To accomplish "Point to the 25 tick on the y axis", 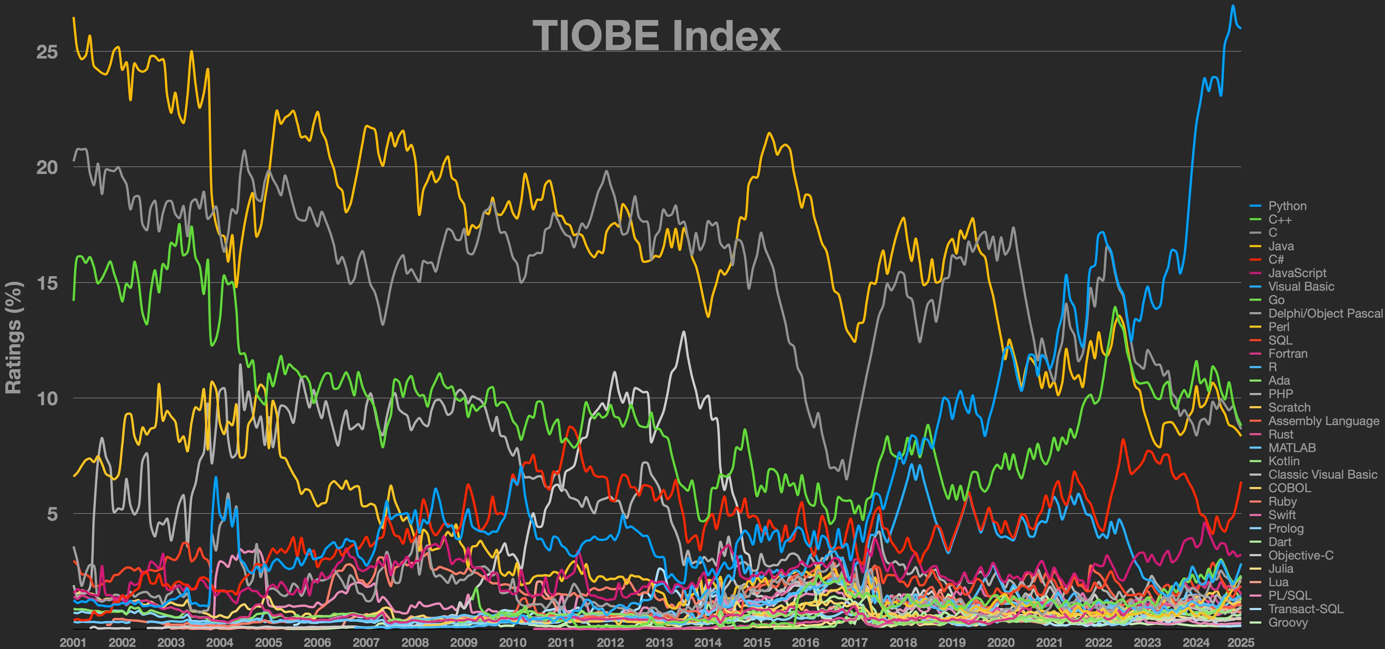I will tap(47, 52).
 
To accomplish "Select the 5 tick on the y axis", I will tap(52, 514).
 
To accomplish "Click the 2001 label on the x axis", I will tap(73, 642).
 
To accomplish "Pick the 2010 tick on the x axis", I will tap(512, 642).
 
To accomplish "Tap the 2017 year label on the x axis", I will tap(854, 642).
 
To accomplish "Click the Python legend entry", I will tap(1287, 206).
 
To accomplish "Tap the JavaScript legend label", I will tap(1297, 273).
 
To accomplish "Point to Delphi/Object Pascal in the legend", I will tap(1325, 314).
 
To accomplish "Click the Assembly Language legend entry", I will tap(1323, 421).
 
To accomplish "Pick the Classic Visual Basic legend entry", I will tap(1323, 475).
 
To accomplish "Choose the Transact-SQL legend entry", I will tap(1305, 609).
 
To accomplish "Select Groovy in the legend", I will tap(1288, 623).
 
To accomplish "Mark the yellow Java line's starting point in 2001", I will tap(74, 18).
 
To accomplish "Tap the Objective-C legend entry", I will tap(1300, 556).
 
